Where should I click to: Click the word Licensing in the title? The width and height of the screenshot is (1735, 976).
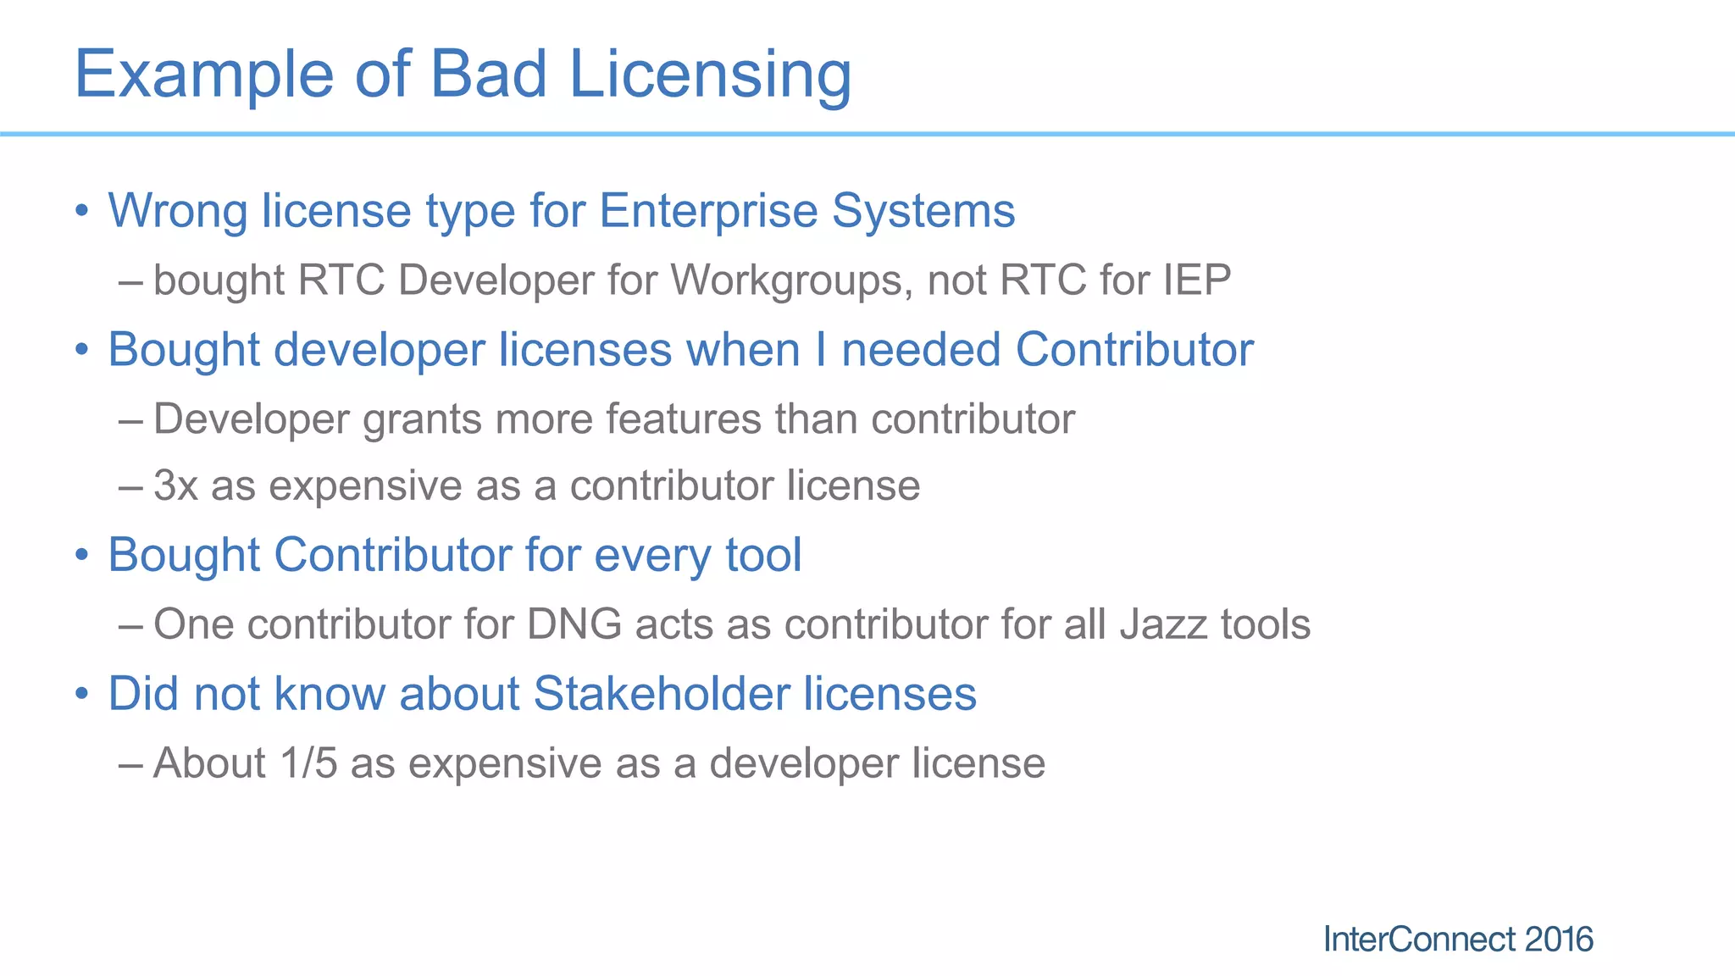[x=710, y=75]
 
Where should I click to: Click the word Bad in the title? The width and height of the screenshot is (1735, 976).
[x=488, y=75]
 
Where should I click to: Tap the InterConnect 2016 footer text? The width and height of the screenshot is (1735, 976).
[x=1457, y=939]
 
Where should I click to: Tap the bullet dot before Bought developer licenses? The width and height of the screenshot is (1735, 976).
[x=81, y=349]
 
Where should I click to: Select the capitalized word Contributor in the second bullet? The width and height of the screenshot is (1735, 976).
[x=1134, y=349]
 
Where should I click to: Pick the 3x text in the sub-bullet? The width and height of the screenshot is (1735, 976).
[x=175, y=485]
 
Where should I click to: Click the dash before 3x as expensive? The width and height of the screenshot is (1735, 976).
[x=130, y=485]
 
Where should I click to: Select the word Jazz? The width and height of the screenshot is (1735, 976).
[x=1163, y=624]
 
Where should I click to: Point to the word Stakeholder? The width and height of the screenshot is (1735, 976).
[x=661, y=694]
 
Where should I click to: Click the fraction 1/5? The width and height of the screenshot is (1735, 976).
[x=308, y=762]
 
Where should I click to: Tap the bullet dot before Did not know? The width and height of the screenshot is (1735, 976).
[x=81, y=694]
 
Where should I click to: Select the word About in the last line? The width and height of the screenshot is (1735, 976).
[x=209, y=762]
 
